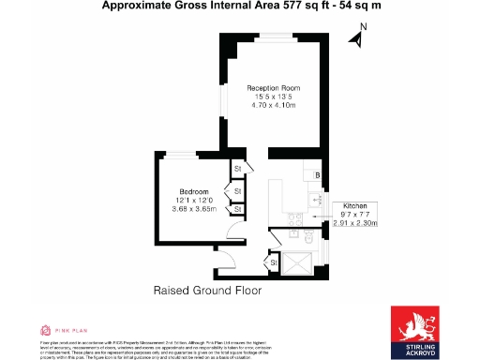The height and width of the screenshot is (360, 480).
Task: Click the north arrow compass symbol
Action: [x=356, y=38]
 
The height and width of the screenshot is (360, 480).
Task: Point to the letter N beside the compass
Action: [x=365, y=29]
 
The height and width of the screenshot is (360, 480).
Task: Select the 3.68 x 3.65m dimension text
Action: [x=194, y=208]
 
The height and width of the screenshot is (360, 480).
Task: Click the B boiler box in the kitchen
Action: [x=318, y=175]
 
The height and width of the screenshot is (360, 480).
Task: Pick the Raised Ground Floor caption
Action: [x=207, y=291]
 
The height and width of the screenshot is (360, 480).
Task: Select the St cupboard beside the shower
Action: [x=274, y=264]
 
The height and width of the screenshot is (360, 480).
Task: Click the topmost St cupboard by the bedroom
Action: [x=238, y=169]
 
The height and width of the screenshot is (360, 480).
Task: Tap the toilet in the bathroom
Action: [x=310, y=236]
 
